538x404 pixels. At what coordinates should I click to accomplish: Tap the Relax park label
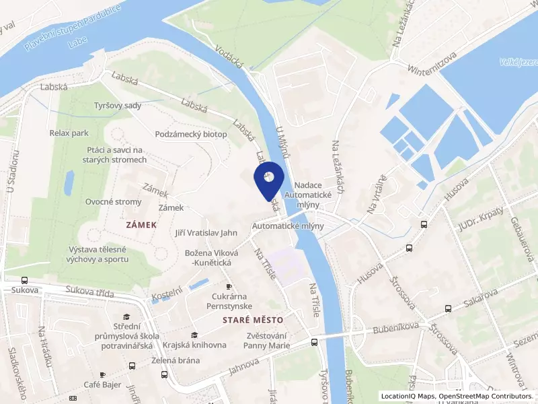pyautogui.click(x=69, y=133)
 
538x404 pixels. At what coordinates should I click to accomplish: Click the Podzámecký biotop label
pyautogui.click(x=191, y=135)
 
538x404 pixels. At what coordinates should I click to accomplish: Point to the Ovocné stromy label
pyautogui.click(x=114, y=202)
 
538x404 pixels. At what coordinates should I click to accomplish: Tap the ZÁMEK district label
pyautogui.click(x=141, y=224)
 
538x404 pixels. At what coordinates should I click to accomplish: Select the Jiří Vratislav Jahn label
pyautogui.click(x=206, y=234)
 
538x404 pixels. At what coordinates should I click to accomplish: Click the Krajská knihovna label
pyautogui.click(x=194, y=345)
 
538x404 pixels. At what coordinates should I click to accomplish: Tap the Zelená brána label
pyautogui.click(x=176, y=360)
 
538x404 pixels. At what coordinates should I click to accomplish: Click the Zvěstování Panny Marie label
pyautogui.click(x=267, y=341)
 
